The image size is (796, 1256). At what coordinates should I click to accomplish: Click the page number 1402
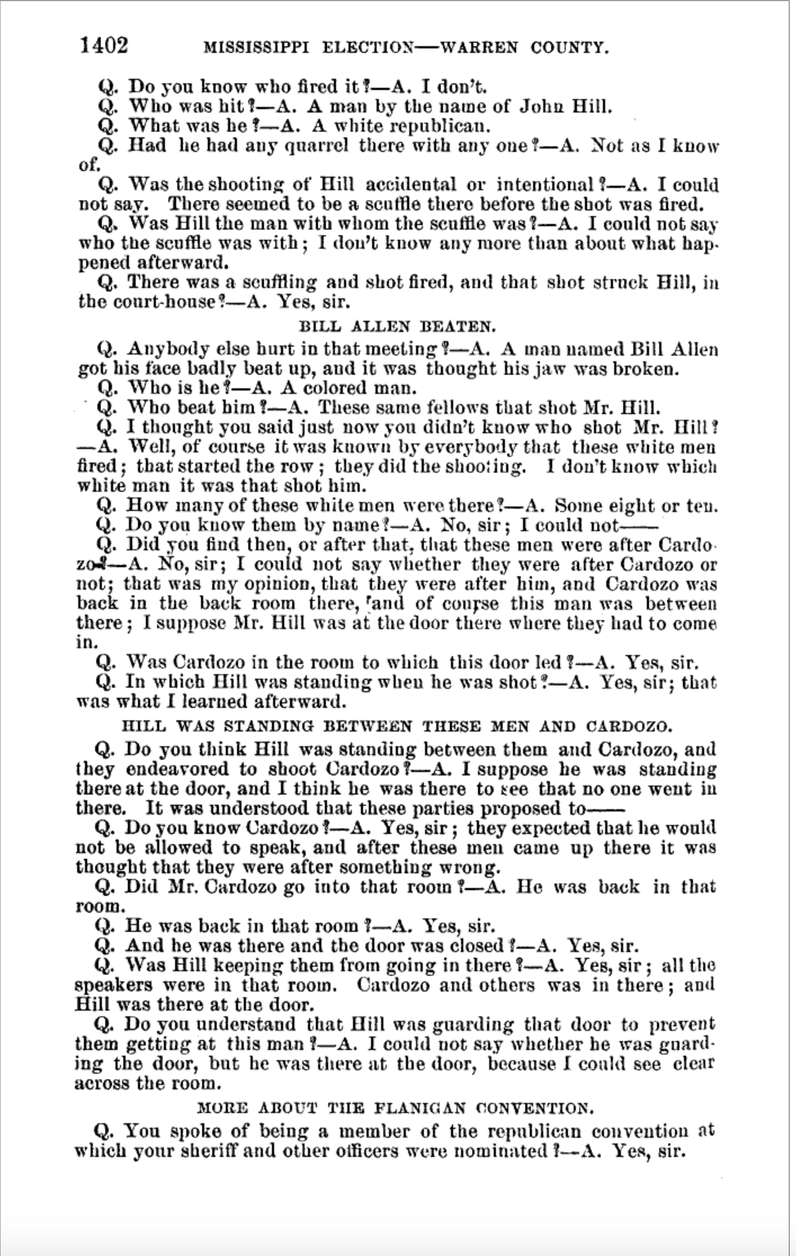[105, 45]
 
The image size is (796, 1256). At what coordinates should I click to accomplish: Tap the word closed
[468, 946]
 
